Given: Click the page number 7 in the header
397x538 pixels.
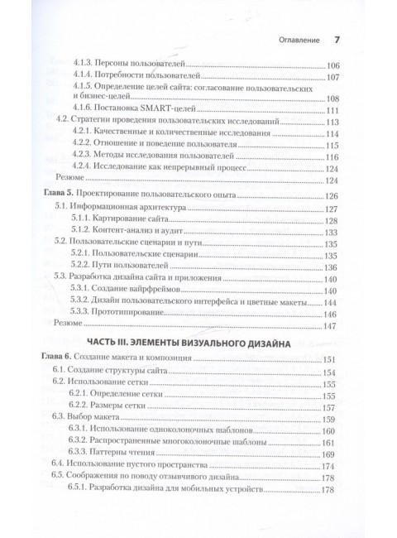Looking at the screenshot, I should pyautogui.click(x=336, y=39).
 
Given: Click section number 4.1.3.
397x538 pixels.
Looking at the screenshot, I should pyautogui.click(x=86, y=65).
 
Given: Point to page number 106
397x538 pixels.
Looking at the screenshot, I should pyautogui.click(x=334, y=65).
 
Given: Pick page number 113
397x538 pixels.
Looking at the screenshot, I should pyautogui.click(x=334, y=122).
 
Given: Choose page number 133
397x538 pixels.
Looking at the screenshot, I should pyautogui.click(x=334, y=233).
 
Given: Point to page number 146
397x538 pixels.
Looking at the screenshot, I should pyautogui.click(x=334, y=315).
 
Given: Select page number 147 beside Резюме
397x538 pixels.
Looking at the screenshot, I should pyautogui.click(x=334, y=325).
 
